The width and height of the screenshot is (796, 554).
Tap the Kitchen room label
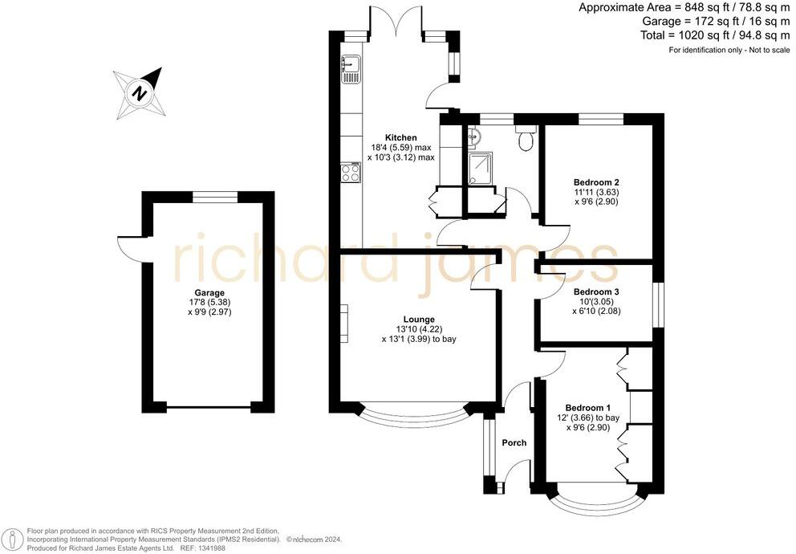tap(400, 138)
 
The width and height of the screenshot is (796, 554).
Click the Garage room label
tap(209, 293)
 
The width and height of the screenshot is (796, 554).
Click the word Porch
tap(514, 443)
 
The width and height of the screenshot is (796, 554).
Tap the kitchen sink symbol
tap(351, 69)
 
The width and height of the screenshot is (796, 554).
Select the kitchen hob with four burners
tap(351, 172)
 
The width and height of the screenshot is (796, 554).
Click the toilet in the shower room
tap(526, 139)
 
